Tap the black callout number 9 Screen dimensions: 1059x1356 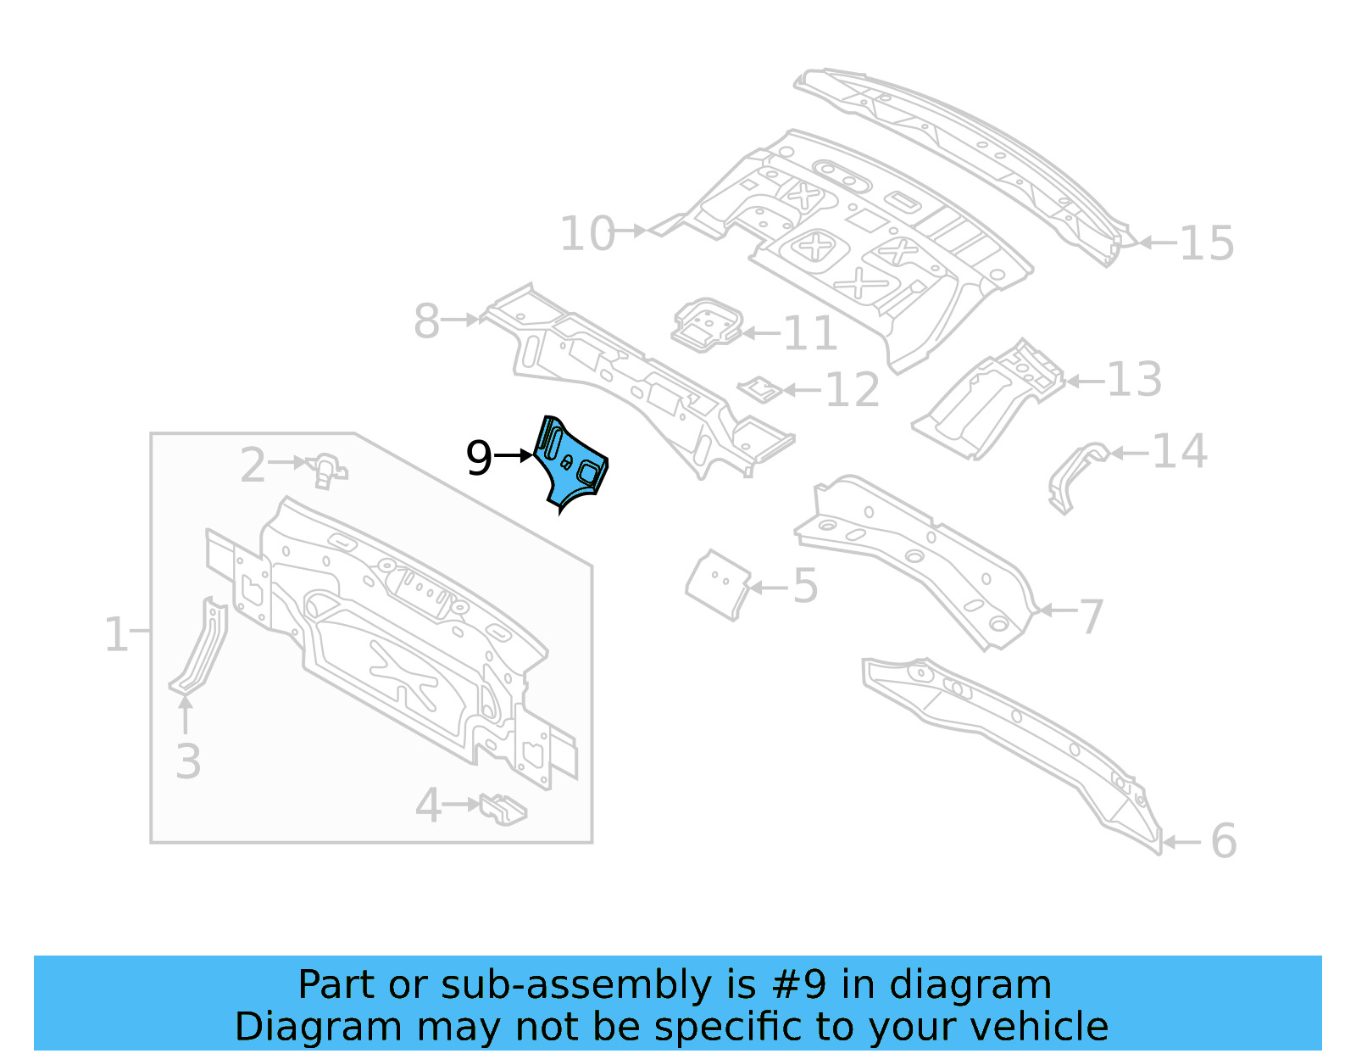[x=479, y=458]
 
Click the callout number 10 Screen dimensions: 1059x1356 [x=586, y=233]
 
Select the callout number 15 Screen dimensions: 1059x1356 [x=1206, y=243]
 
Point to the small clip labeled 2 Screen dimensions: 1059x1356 [x=326, y=469]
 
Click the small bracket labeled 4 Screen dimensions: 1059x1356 [x=503, y=808]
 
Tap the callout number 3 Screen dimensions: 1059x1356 [x=188, y=761]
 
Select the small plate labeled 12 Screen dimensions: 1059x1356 [x=760, y=389]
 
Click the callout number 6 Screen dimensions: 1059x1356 [x=1223, y=841]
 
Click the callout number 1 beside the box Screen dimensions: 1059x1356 [x=115, y=634]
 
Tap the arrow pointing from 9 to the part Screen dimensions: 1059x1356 [x=514, y=456]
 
